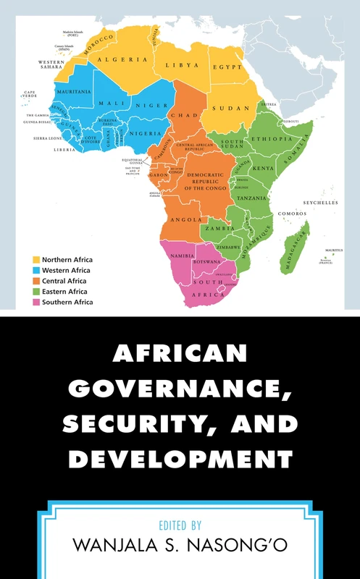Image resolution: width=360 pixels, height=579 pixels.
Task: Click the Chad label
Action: pyautogui.click(x=180, y=115)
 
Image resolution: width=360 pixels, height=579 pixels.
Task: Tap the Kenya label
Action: pyautogui.click(x=263, y=168)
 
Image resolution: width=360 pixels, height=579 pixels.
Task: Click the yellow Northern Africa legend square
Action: pyautogui.click(x=35, y=259)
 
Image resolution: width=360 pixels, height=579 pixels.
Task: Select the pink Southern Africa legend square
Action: pyautogui.click(x=35, y=302)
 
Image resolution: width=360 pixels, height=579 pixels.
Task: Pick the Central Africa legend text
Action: pyautogui.click(x=64, y=281)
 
